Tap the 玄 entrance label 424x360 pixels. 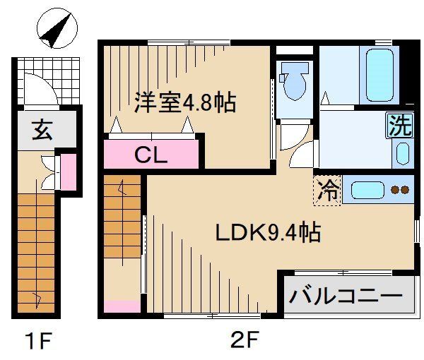point(40,130)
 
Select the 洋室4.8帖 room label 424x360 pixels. point(185,102)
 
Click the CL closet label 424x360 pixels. point(151,155)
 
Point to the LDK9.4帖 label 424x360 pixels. point(268,232)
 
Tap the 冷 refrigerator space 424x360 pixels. point(328,190)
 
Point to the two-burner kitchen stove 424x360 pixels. point(399,189)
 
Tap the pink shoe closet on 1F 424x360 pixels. point(67,172)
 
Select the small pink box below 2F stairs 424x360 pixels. point(122,307)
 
